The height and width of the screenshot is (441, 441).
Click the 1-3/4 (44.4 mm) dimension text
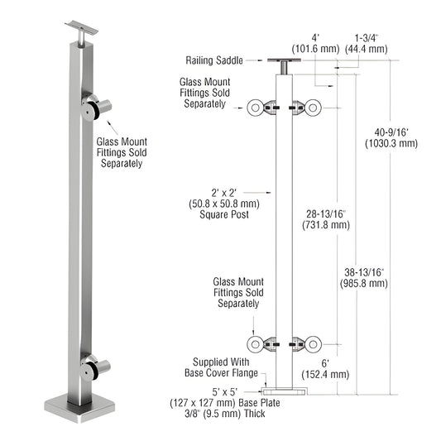371,43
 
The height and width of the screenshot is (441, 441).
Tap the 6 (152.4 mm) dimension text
324,368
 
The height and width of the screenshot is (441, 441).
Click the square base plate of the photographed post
80,410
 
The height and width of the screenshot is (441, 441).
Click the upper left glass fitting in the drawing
262,107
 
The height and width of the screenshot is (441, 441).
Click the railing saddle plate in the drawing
285,60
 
